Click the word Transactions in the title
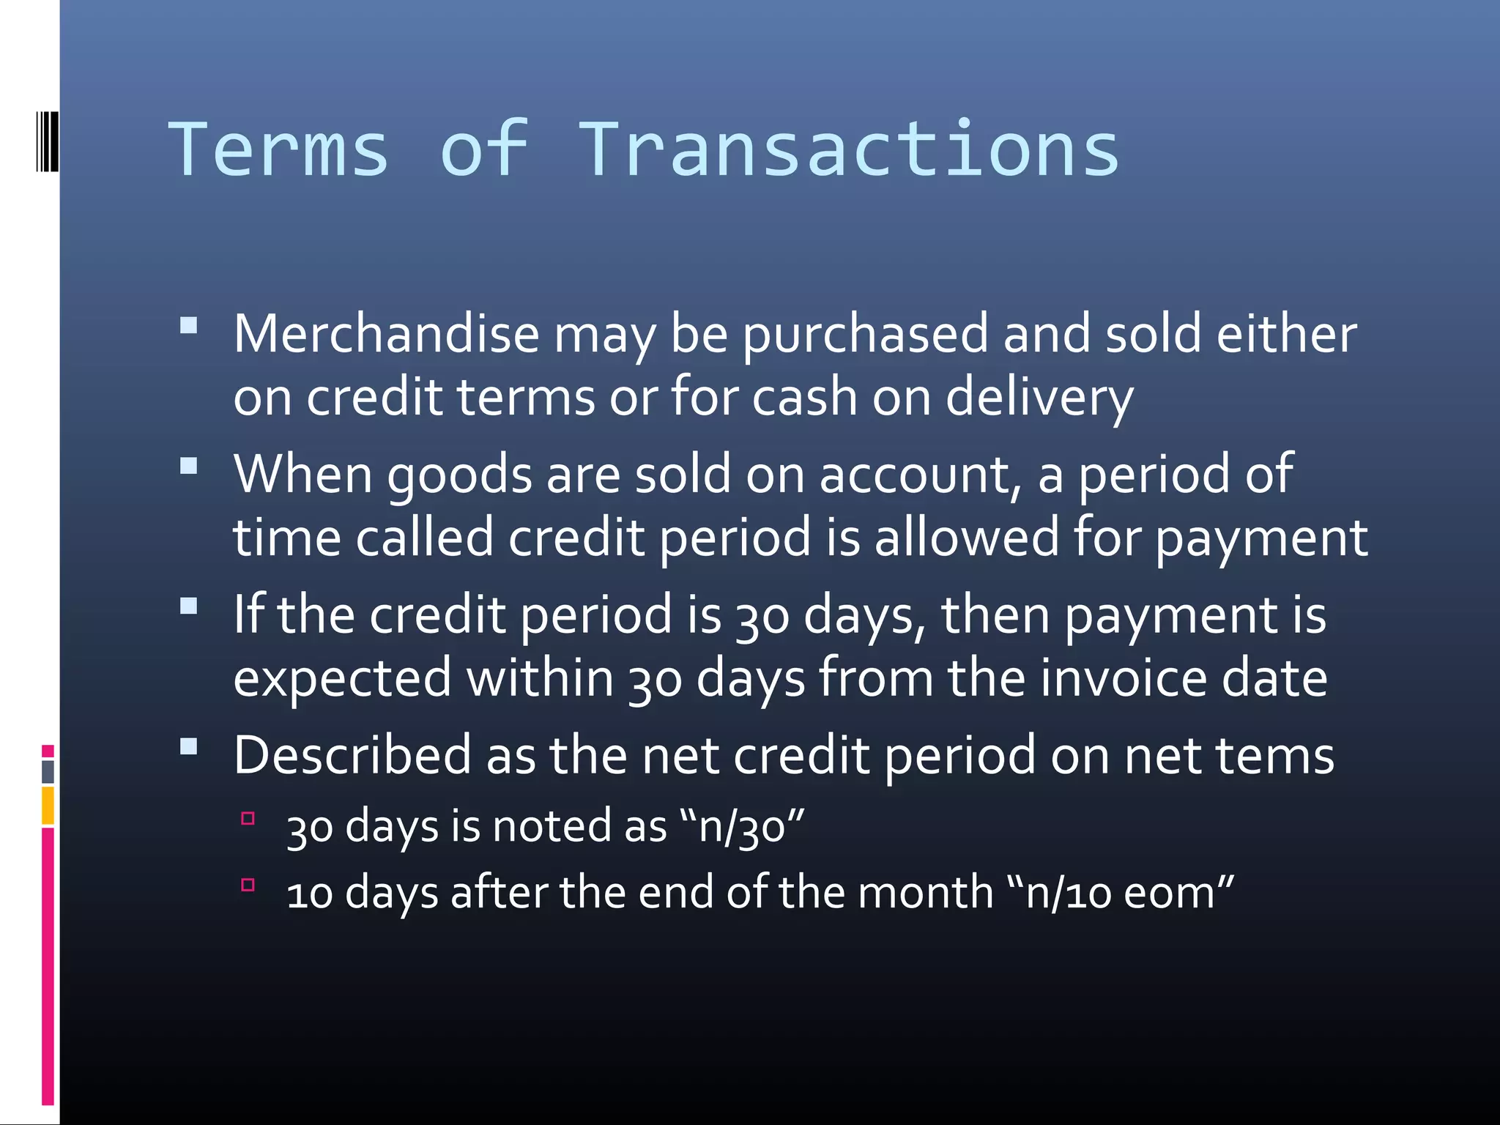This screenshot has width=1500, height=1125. (849, 150)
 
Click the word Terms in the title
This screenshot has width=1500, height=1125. (278, 150)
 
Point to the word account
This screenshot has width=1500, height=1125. (920, 475)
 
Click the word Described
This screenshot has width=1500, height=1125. (352, 755)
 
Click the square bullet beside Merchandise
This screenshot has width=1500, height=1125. (189, 325)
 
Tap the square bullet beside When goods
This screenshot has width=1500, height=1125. (189, 466)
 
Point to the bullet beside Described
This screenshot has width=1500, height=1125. (189, 746)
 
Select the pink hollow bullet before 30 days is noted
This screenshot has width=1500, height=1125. (248, 818)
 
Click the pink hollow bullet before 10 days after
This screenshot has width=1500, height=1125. (248, 885)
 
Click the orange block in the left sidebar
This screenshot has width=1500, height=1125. (48, 806)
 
